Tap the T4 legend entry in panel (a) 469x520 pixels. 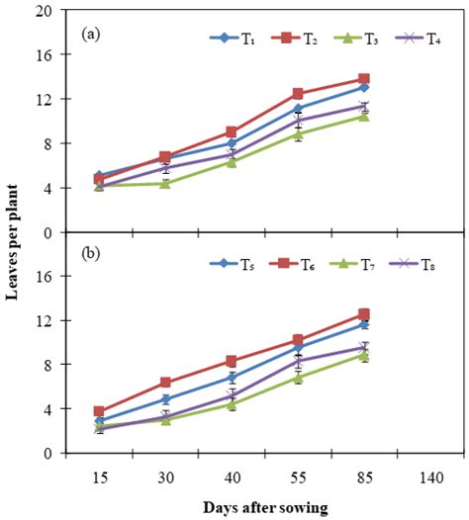[x=397, y=39]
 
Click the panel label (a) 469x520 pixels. [x=91, y=33]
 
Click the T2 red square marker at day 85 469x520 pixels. [x=363, y=79]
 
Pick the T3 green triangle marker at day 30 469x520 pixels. [x=165, y=183]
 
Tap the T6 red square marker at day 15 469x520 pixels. [x=100, y=411]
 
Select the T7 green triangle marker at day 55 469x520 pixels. [x=297, y=377]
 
